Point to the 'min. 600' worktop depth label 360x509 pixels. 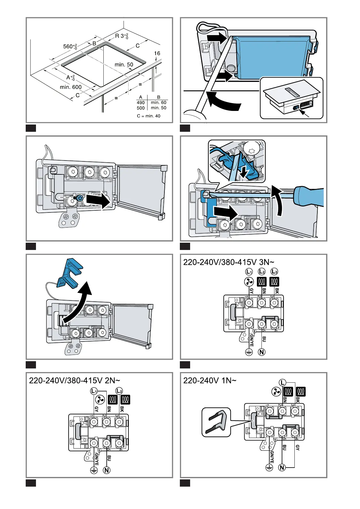click(x=71, y=87)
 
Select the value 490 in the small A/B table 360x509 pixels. click(x=141, y=102)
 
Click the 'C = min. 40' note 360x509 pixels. click(x=149, y=116)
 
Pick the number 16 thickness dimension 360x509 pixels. click(x=157, y=53)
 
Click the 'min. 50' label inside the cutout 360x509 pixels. click(x=124, y=64)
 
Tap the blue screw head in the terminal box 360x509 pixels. click(x=80, y=199)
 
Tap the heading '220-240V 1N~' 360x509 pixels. click(x=210, y=381)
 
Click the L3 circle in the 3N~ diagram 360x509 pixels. click(x=274, y=271)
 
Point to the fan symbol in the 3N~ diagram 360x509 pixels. click(x=249, y=282)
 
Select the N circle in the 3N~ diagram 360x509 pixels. click(x=262, y=352)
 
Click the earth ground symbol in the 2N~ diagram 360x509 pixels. click(x=94, y=470)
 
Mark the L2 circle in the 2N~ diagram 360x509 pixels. click(x=119, y=391)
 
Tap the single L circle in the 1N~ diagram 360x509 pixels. click(x=282, y=383)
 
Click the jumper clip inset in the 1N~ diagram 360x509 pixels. click(x=216, y=422)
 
